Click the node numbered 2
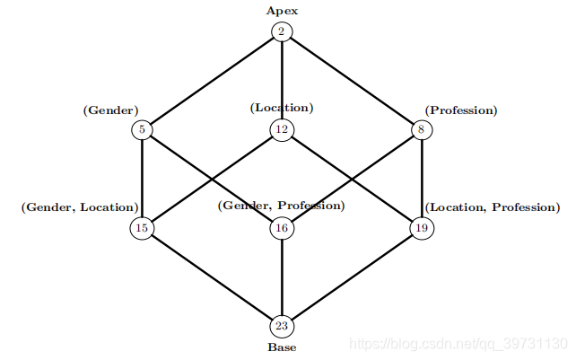click(282, 31)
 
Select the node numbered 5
click(143, 129)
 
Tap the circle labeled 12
click(282, 129)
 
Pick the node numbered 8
click(421, 129)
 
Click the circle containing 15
click(142, 228)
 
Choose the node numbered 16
click(282, 228)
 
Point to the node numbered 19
click(421, 228)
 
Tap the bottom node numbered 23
click(282, 326)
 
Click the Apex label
click(282, 11)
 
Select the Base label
click(282, 347)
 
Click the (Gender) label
click(110, 110)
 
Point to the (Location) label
click(282, 108)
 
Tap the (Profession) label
click(461, 110)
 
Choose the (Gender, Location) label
click(80, 207)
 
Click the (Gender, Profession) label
click(282, 206)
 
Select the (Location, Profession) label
click(492, 207)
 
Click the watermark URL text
click(458, 344)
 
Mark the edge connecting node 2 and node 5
click(212, 81)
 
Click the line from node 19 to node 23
click(352, 277)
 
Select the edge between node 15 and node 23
click(212, 277)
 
